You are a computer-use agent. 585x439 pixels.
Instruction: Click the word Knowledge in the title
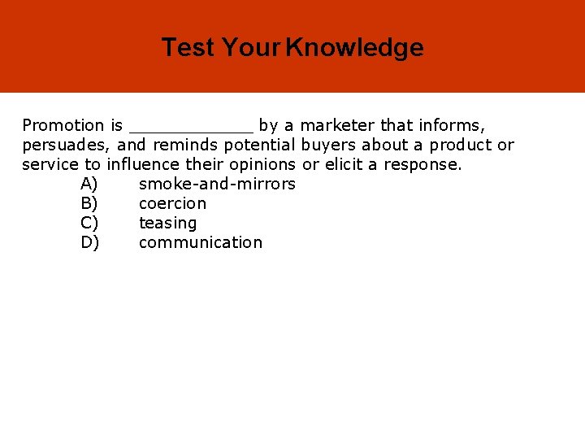pos(354,48)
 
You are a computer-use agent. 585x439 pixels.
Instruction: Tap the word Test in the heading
pos(188,48)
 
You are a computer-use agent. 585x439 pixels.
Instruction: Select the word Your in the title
pos(250,48)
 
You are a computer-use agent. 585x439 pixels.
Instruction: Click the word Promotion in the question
pos(63,125)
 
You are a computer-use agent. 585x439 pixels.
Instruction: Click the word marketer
pos(338,125)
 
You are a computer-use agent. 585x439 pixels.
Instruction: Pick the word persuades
pos(67,146)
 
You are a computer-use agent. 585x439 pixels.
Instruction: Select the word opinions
pos(263,164)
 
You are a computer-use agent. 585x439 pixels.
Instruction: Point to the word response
pos(422,165)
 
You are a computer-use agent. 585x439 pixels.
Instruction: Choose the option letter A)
pos(89,184)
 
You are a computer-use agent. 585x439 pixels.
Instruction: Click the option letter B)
pos(89,203)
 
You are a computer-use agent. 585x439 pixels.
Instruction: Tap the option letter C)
pos(89,223)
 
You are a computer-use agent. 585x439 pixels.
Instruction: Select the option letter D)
pos(90,242)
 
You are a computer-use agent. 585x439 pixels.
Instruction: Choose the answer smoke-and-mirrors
pos(217,184)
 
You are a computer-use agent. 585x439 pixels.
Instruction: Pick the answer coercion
pos(172,203)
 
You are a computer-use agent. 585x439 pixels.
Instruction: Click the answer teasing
pos(167,224)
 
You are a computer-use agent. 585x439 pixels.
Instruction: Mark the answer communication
pos(201,242)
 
